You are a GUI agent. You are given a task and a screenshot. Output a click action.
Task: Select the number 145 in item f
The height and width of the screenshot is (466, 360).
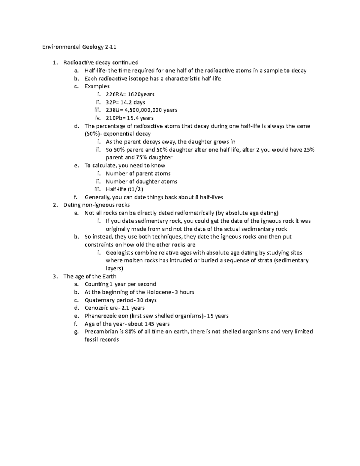[x=149, y=324]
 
